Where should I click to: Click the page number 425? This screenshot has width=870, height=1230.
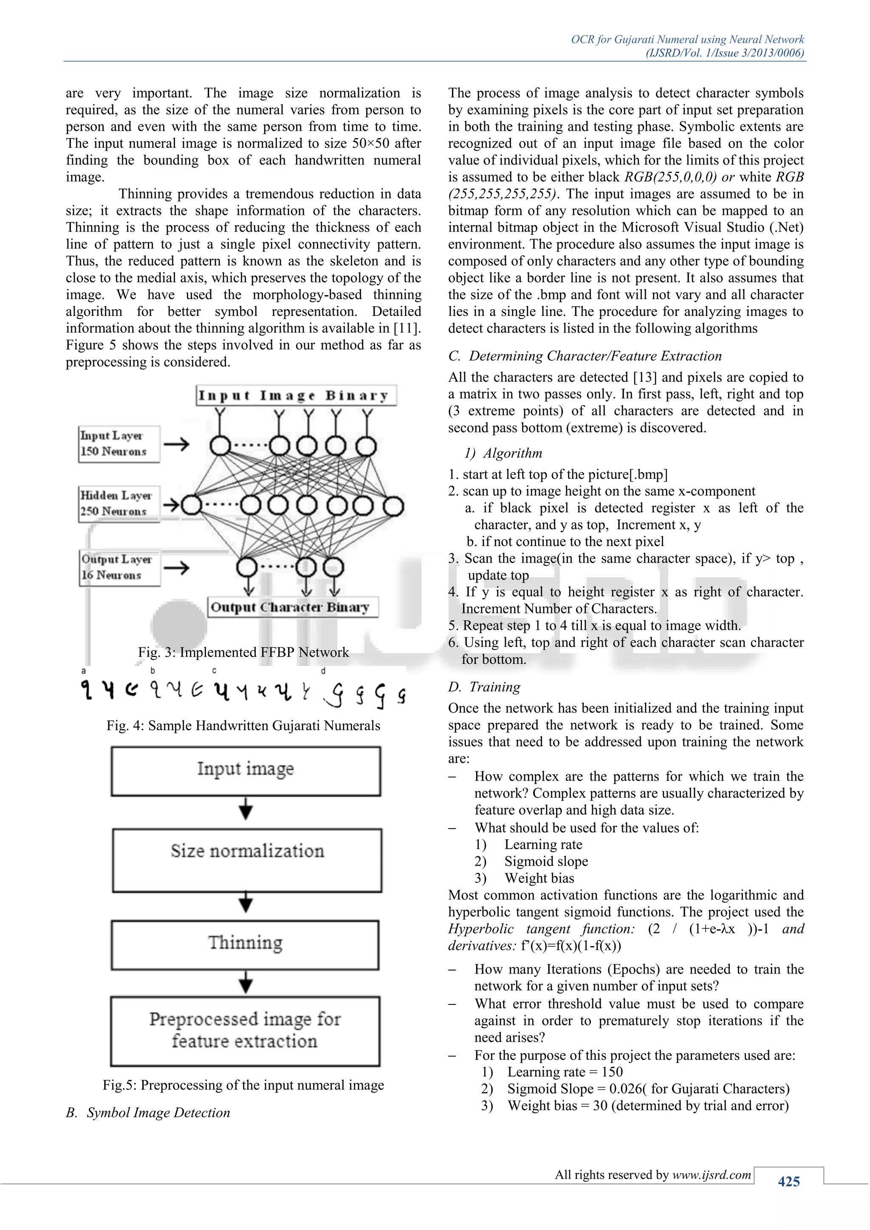(788, 1181)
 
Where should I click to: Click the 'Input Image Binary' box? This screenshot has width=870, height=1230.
(296, 395)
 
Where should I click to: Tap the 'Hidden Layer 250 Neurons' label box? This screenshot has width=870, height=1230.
(119, 504)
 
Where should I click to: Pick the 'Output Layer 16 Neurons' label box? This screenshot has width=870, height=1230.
(119, 567)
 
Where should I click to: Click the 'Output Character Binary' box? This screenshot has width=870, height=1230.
(293, 607)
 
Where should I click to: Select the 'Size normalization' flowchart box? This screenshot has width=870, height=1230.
(247, 860)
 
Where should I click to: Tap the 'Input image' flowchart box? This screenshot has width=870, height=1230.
(246, 770)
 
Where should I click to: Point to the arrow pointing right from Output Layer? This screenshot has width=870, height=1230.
(176, 567)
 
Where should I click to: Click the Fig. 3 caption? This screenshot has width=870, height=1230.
(243, 652)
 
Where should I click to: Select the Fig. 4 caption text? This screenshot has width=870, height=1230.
(243, 725)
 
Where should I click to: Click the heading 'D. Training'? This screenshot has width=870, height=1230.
(484, 687)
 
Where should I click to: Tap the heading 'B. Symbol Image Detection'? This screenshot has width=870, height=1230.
(148, 1112)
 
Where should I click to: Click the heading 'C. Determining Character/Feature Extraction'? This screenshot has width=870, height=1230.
(585, 356)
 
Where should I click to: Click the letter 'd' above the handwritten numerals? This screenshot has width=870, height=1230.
(323, 671)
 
